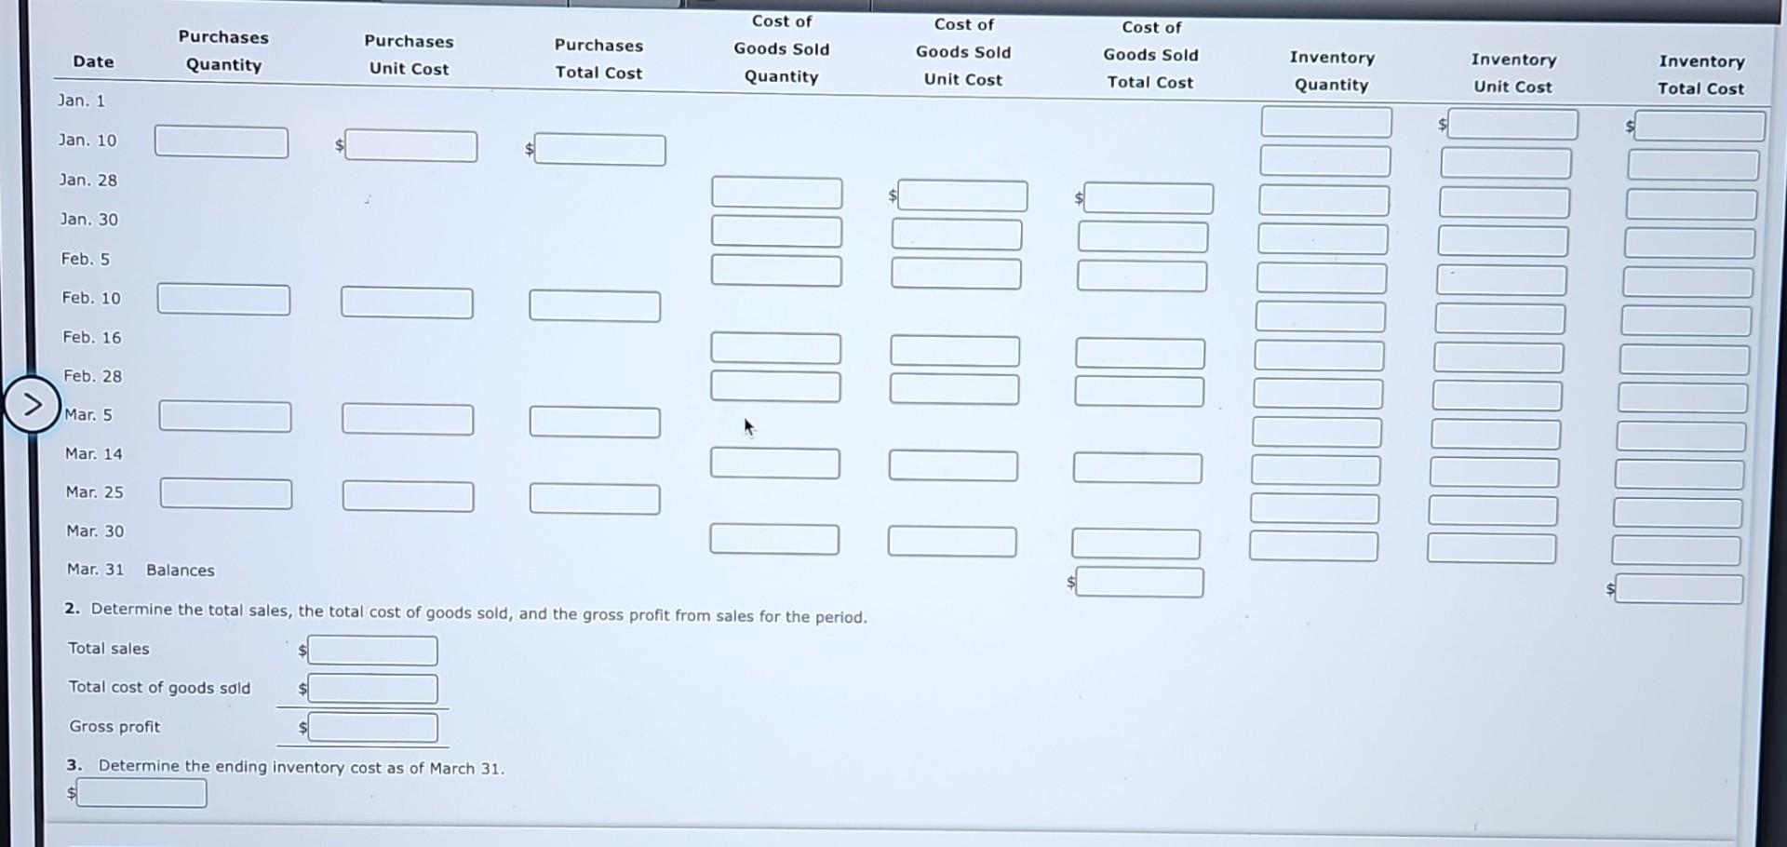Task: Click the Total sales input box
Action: click(x=372, y=651)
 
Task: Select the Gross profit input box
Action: click(x=372, y=727)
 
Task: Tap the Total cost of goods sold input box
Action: click(x=372, y=689)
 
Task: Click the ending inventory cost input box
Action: click(x=141, y=793)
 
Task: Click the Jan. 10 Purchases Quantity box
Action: click(x=222, y=142)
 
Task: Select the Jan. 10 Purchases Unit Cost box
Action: click(x=410, y=146)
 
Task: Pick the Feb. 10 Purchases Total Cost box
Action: click(x=595, y=306)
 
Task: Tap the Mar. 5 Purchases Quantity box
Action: click(x=224, y=416)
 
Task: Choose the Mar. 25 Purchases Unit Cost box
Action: click(x=408, y=496)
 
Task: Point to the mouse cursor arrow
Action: click(x=748, y=427)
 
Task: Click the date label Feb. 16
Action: click(x=92, y=337)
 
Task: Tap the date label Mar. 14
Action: click(x=94, y=453)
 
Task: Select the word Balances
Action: click(x=181, y=570)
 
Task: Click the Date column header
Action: click(x=93, y=61)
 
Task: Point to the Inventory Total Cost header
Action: click(x=1700, y=74)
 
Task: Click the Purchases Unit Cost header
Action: click(x=409, y=55)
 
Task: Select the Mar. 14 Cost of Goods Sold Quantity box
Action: click(x=774, y=463)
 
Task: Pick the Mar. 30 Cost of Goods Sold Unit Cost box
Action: click(x=951, y=541)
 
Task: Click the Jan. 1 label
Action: click(x=82, y=101)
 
